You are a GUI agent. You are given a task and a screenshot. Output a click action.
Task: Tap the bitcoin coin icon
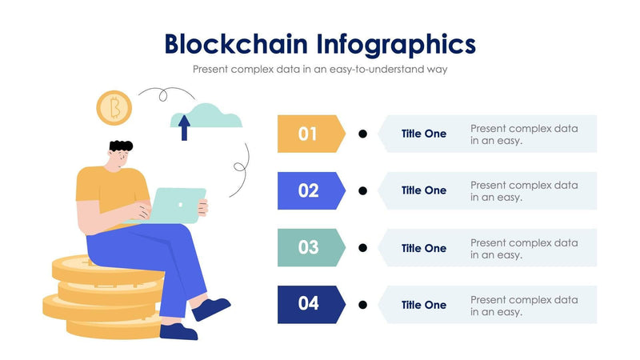[114, 107]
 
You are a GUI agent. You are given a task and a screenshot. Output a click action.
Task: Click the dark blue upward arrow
[184, 126]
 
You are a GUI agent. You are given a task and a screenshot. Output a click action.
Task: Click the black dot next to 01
[362, 134]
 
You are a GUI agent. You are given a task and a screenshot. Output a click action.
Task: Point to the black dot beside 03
[362, 248]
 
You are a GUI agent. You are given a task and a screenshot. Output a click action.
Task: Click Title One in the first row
[424, 134]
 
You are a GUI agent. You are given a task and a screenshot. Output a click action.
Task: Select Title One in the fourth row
[424, 305]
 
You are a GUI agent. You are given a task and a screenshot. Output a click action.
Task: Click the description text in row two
[524, 191]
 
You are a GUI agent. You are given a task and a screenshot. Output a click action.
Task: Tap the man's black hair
[121, 147]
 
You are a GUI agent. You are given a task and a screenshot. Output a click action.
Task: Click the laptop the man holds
[178, 205]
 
